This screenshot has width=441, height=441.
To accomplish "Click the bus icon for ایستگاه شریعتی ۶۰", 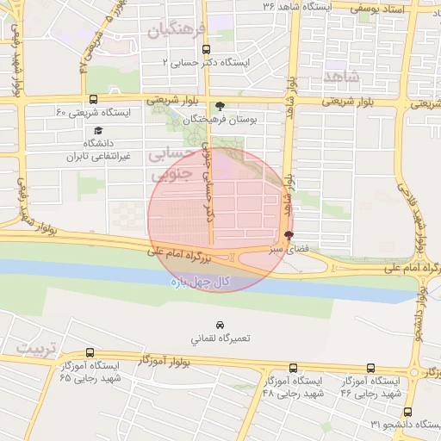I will [x=93, y=99].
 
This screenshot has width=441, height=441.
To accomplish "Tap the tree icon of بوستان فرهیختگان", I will [x=220, y=106].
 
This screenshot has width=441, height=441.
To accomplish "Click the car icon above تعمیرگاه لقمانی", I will [x=220, y=325].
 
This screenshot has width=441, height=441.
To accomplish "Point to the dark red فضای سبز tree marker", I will [x=288, y=235].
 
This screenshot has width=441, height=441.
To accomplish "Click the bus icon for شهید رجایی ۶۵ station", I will [x=90, y=352].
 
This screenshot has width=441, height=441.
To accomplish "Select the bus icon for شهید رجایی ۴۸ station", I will [x=293, y=368].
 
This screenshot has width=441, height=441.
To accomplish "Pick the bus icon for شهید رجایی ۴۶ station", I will [x=370, y=368].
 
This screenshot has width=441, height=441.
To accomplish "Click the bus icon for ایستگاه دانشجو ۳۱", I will [x=407, y=412].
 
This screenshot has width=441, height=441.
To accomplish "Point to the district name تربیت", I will [x=34, y=349].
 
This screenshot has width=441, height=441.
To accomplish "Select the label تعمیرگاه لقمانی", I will [x=220, y=339].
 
